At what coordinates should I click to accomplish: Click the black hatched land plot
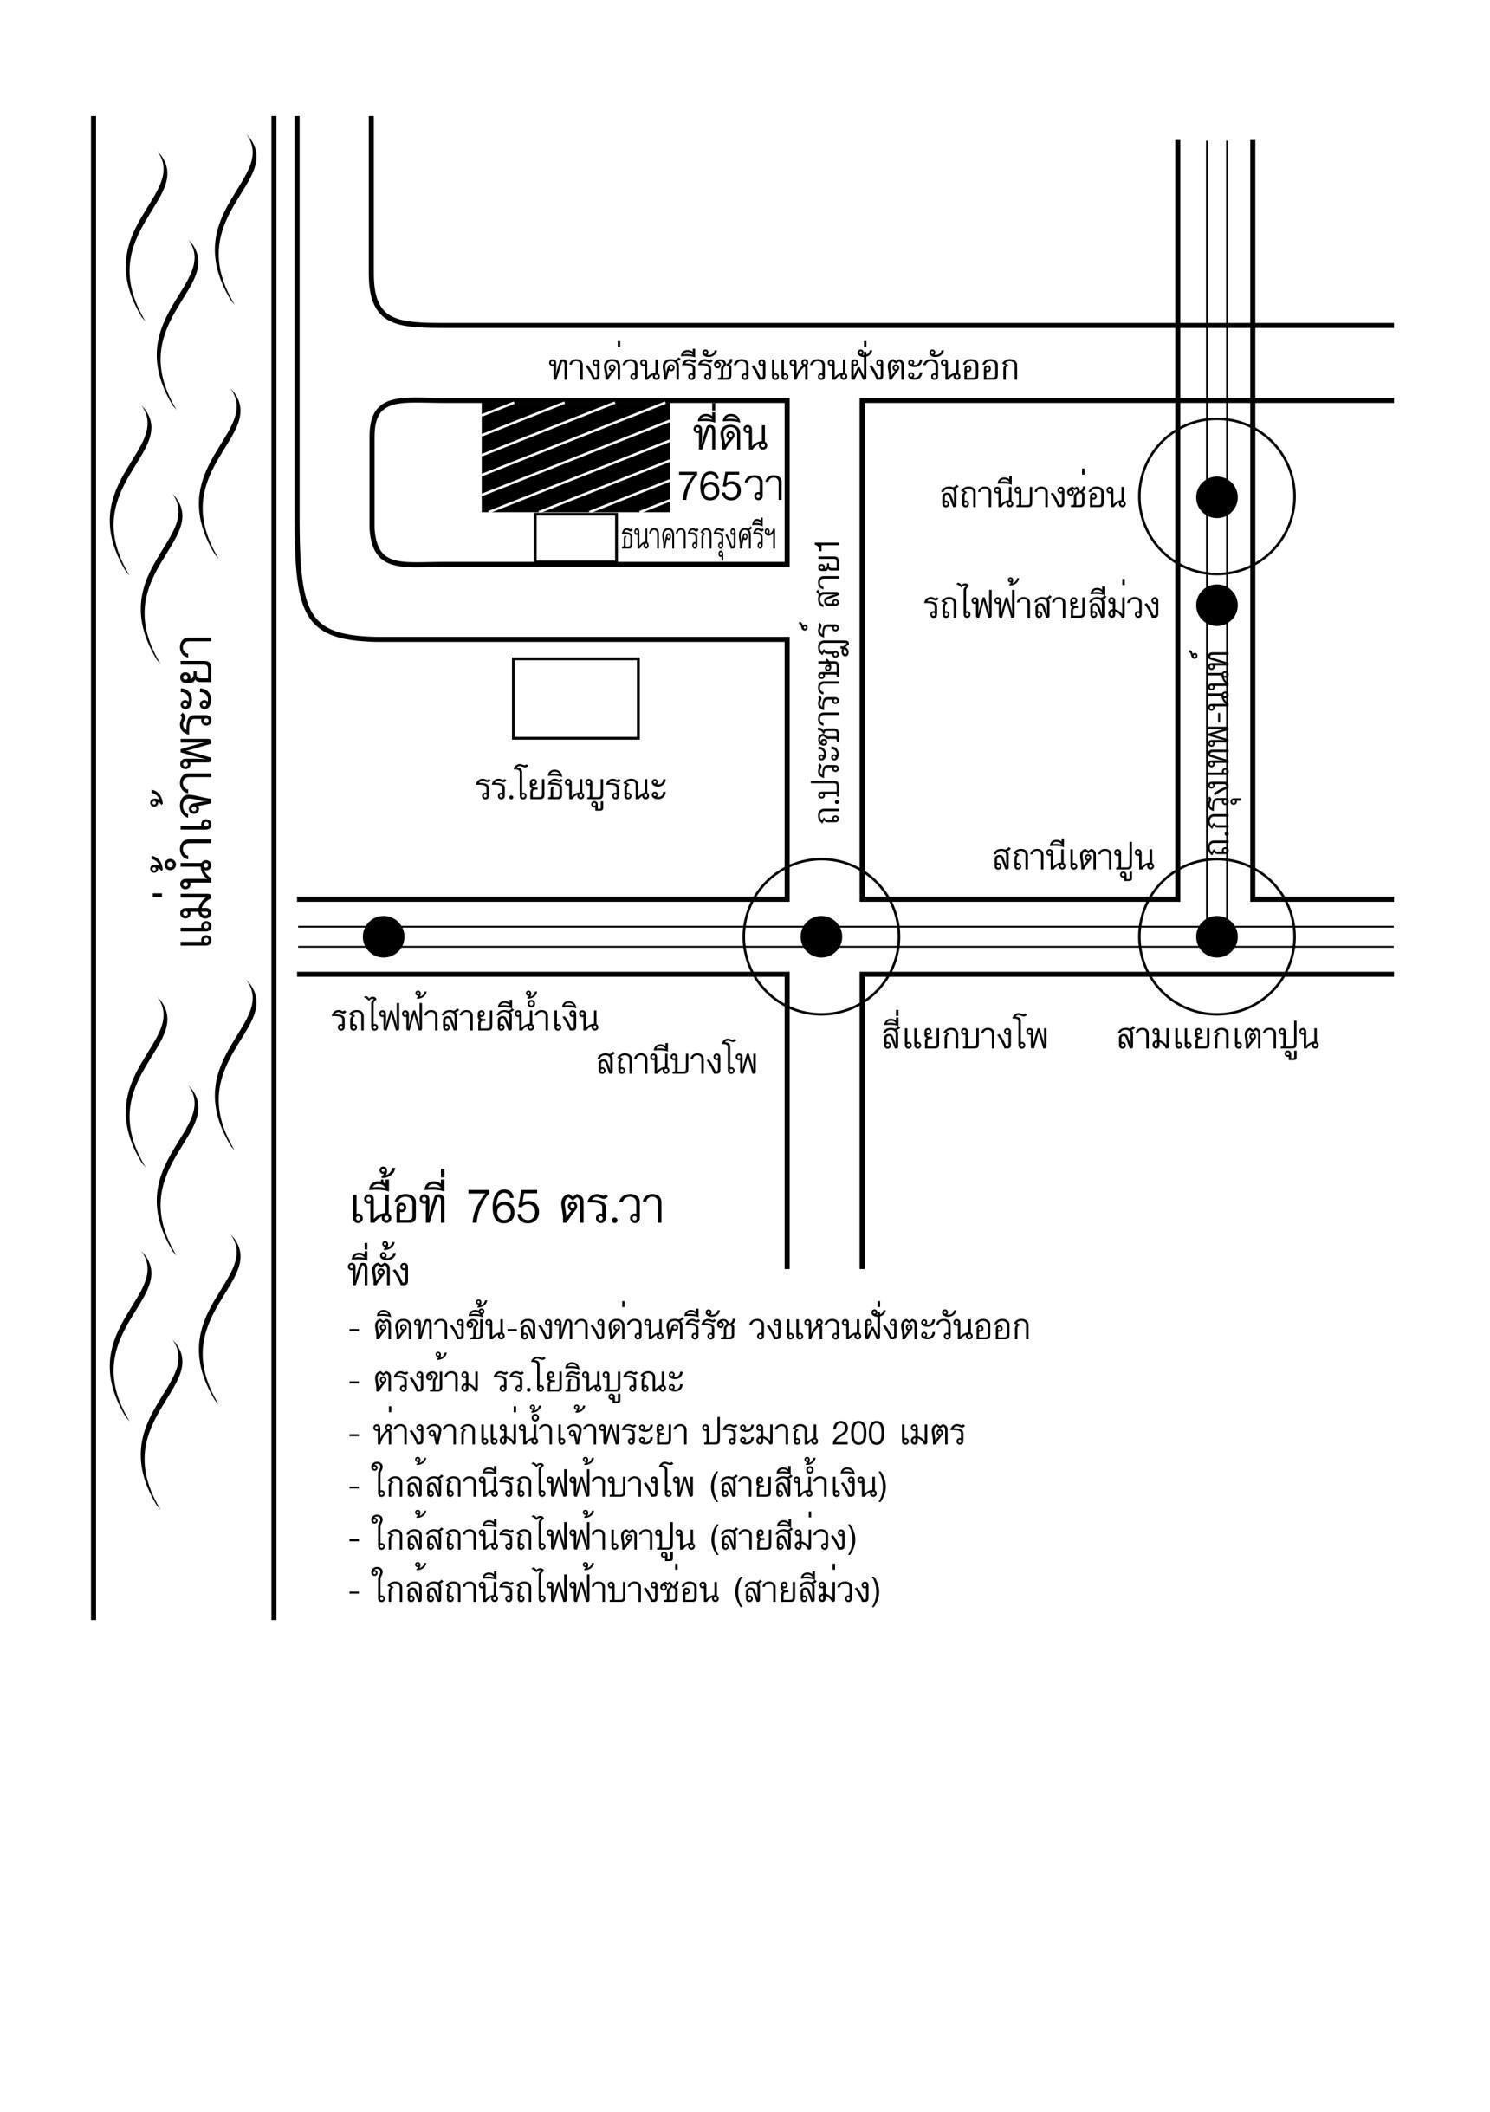click(576, 456)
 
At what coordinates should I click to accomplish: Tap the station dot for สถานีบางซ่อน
click(1217, 496)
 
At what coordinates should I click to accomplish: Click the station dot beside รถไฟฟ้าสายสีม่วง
click(1217, 606)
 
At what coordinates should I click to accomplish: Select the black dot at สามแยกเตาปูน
click(1217, 936)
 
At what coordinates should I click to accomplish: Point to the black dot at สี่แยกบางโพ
click(821, 936)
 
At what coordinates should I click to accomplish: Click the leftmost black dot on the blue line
click(384, 936)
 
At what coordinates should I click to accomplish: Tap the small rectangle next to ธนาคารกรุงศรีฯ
click(576, 537)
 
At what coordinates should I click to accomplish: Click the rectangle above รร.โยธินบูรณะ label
click(576, 698)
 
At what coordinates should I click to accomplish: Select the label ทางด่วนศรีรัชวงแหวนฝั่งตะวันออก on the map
click(784, 368)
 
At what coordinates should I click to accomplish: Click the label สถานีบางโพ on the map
click(677, 1063)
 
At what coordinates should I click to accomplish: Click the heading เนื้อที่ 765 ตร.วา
click(507, 1207)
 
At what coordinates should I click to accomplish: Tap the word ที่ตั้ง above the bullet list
click(378, 1273)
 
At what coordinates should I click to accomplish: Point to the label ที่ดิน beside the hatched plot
click(731, 435)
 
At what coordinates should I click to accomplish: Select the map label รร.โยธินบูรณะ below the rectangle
click(571, 787)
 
